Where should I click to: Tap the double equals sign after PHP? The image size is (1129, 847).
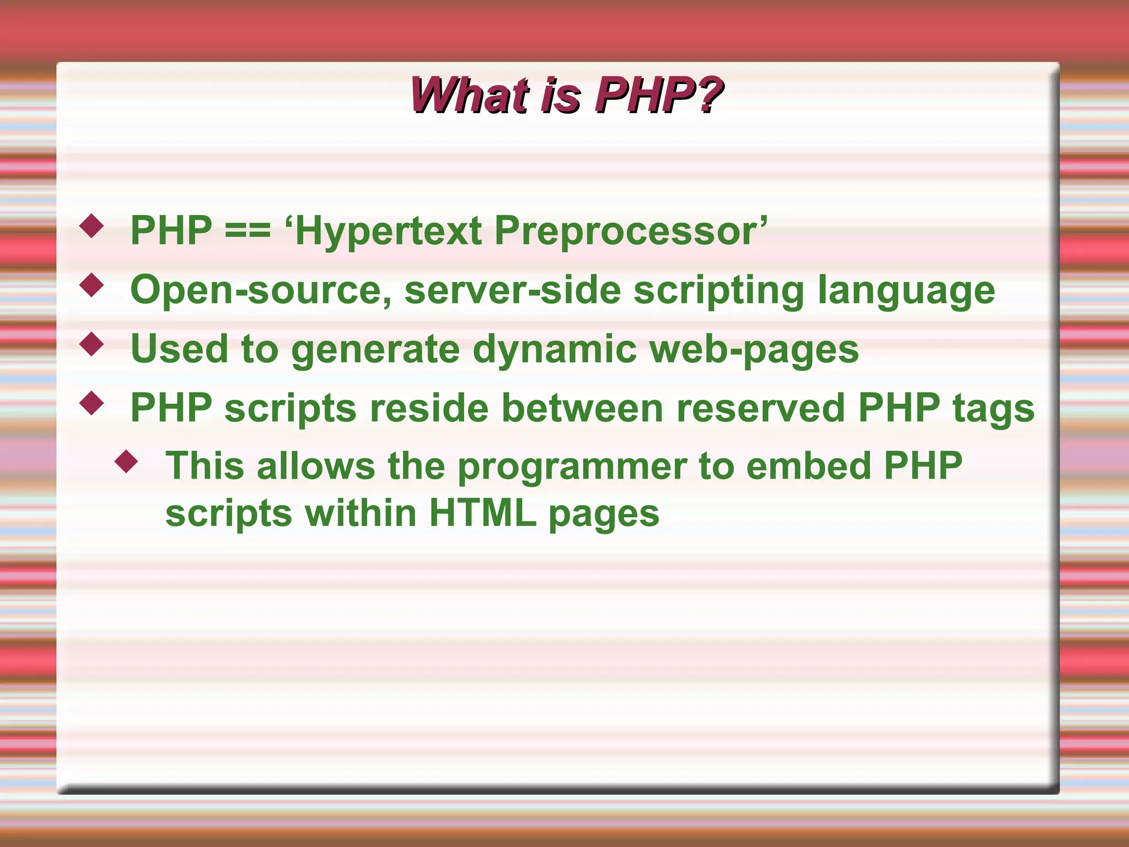[248, 230]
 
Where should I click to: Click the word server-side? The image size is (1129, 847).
[512, 290]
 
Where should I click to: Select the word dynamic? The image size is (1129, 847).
[554, 350]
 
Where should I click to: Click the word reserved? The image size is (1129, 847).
[761, 408]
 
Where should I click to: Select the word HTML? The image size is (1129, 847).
[482, 513]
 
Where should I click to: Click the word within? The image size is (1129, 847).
[361, 513]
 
